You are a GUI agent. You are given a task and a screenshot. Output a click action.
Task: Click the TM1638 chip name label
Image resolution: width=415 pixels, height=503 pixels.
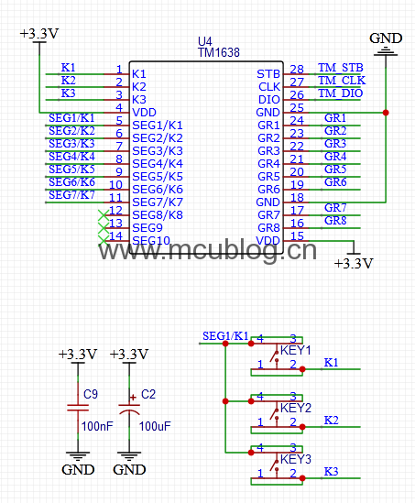219,52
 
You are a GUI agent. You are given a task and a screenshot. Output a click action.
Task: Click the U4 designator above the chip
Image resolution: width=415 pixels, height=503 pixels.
205,41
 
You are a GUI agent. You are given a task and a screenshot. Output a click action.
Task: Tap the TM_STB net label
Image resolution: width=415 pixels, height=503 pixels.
341,68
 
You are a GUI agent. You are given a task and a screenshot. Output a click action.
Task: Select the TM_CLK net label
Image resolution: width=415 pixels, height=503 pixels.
342,81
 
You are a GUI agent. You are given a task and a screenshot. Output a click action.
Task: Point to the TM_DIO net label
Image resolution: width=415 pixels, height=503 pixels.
341,93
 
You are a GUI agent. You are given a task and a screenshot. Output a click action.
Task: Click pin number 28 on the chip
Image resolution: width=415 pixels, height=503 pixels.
297,70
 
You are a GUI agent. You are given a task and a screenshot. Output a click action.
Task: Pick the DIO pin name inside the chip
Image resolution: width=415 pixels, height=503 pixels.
269,100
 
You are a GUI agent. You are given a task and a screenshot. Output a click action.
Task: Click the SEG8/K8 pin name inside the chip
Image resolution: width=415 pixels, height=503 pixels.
158,215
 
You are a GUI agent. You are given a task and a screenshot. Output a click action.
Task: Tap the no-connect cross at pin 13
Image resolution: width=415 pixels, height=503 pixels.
104,228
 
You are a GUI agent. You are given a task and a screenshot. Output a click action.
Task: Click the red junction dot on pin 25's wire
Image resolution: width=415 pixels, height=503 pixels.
386,113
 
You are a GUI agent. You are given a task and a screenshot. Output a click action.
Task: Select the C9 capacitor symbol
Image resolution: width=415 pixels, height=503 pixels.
78,408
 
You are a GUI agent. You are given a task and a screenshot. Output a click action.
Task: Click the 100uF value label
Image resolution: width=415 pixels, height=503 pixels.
155,426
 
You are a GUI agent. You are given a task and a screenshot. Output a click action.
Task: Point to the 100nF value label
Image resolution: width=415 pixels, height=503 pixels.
97,426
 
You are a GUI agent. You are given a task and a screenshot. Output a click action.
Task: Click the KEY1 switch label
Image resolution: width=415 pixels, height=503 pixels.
296,350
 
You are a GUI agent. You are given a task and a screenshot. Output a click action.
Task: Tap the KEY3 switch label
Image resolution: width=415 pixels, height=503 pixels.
296,459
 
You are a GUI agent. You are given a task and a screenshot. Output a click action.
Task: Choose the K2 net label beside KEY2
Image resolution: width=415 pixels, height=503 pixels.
332,420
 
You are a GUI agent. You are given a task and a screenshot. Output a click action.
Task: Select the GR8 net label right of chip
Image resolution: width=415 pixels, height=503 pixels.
335,221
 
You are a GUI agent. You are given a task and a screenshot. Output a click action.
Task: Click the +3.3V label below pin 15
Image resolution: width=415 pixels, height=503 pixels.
354,263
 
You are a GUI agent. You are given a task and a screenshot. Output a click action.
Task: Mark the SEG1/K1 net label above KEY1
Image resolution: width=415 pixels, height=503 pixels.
225,336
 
